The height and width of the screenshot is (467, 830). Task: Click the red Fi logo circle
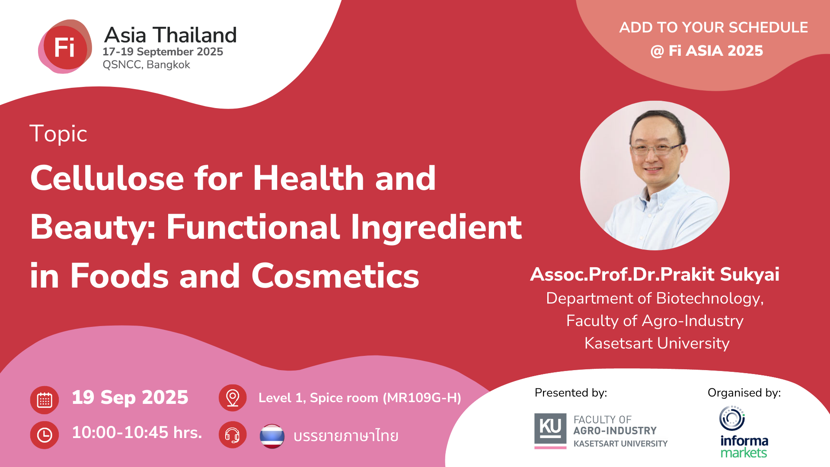coord(65,47)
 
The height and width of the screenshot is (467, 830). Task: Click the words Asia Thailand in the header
coord(170,35)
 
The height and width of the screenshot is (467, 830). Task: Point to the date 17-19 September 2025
coord(163,52)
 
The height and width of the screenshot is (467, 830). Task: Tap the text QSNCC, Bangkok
coord(146,65)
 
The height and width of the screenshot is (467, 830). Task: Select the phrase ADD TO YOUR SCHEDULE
coord(713,27)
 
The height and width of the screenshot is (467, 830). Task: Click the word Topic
coord(58,134)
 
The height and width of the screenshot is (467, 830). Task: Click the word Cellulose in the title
coord(107,178)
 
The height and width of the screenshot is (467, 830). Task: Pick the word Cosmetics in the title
coord(335,276)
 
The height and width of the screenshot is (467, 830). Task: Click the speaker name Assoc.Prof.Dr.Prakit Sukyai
coord(654,274)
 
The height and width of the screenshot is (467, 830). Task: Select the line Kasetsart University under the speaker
coord(657,343)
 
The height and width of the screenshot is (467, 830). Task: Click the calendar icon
coord(45,400)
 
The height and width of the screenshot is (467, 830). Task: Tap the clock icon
coord(45,435)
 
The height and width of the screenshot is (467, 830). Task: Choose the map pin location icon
coord(233,398)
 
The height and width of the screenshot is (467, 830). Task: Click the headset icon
coord(233,435)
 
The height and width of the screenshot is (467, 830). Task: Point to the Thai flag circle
coord(272,436)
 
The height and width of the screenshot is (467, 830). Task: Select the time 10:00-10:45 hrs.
coord(137,432)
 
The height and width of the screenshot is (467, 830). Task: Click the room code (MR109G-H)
coord(422,398)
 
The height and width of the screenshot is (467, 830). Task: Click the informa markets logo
coord(744,432)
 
